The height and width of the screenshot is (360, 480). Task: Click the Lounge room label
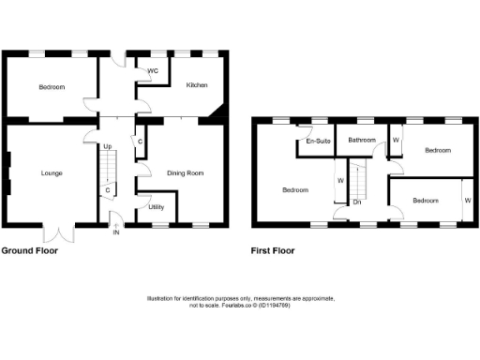point(52,173)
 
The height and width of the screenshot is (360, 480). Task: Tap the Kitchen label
point(196,85)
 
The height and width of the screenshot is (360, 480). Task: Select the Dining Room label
point(185,173)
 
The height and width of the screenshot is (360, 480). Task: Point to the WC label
point(152,70)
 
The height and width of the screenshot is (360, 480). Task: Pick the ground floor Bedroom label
point(52,88)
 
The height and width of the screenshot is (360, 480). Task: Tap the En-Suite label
point(316,142)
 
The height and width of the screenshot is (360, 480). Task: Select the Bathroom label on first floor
point(362,141)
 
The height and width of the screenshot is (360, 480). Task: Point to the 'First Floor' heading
point(273,251)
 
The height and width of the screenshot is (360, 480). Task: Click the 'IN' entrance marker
point(116,232)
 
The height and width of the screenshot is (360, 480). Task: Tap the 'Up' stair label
point(107,147)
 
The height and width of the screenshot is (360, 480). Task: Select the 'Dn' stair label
point(357,202)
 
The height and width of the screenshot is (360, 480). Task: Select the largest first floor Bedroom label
point(295,190)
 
